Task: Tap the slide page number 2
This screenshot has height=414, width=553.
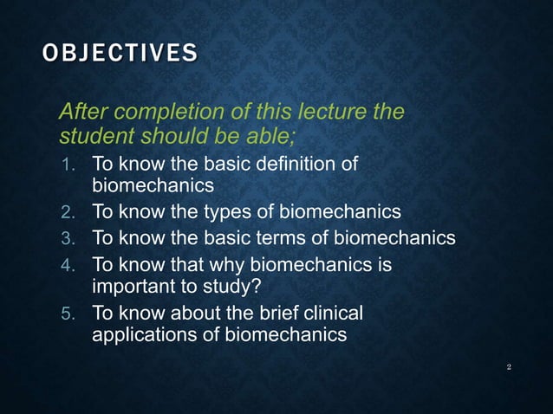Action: pos(509,368)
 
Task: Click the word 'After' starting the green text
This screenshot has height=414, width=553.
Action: pos(83,112)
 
